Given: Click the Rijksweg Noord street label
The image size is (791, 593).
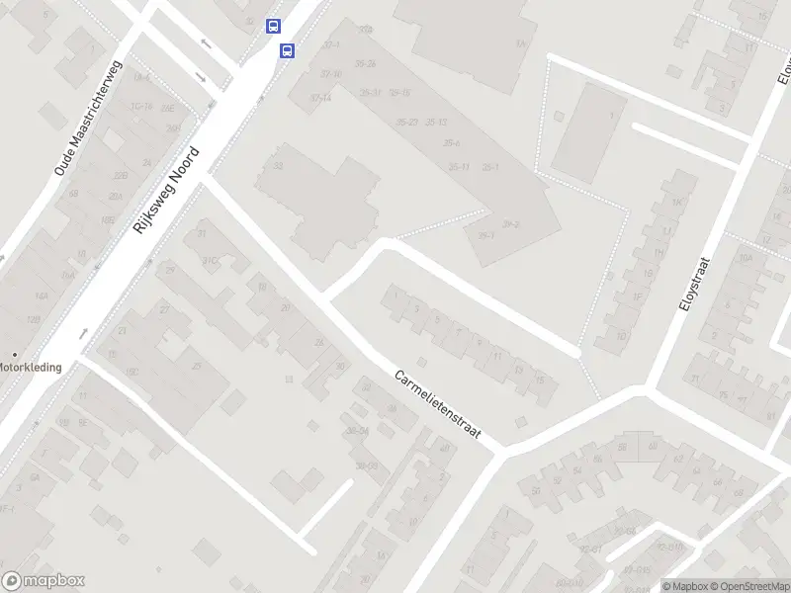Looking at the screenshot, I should [166, 190].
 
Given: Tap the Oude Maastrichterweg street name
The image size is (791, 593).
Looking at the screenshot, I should [87, 120].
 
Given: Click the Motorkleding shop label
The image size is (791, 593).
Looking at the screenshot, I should [30, 367].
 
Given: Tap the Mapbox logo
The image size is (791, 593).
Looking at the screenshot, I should [44, 581].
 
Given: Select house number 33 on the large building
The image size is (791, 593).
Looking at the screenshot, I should [279, 165].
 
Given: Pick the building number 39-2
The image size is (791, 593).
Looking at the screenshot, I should [510, 224].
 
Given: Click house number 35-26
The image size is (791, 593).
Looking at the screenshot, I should [366, 63].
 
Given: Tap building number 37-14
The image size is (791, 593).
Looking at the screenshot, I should [320, 98].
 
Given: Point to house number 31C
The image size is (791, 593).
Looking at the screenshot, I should [210, 260].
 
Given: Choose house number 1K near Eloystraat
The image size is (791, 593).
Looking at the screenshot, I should [677, 203].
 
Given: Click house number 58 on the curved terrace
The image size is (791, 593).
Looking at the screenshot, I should [622, 448].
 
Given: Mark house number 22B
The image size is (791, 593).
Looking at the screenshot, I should [121, 175].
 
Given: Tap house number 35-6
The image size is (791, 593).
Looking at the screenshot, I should [452, 144].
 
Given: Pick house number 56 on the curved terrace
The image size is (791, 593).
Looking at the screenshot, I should [535, 491].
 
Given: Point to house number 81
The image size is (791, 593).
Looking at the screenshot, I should [770, 417].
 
